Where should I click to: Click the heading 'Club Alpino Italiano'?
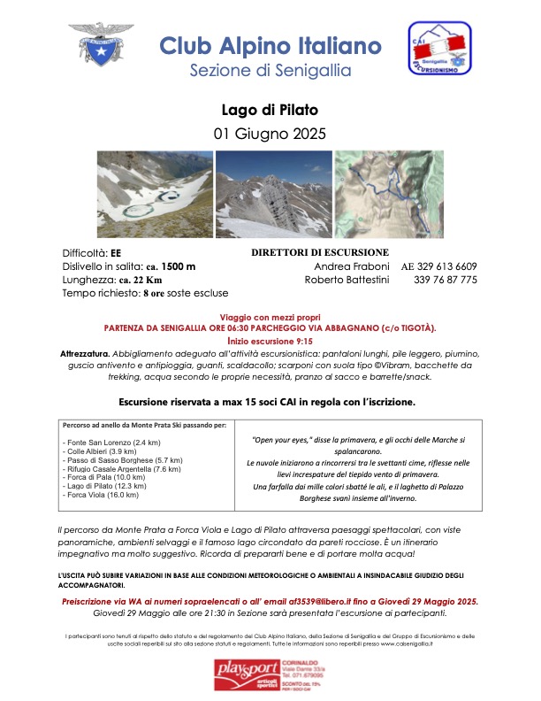(x=270, y=45)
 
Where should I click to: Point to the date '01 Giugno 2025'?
(x=270, y=135)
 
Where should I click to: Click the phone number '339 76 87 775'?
(x=445, y=280)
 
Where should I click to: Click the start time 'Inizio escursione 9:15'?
(x=270, y=339)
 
